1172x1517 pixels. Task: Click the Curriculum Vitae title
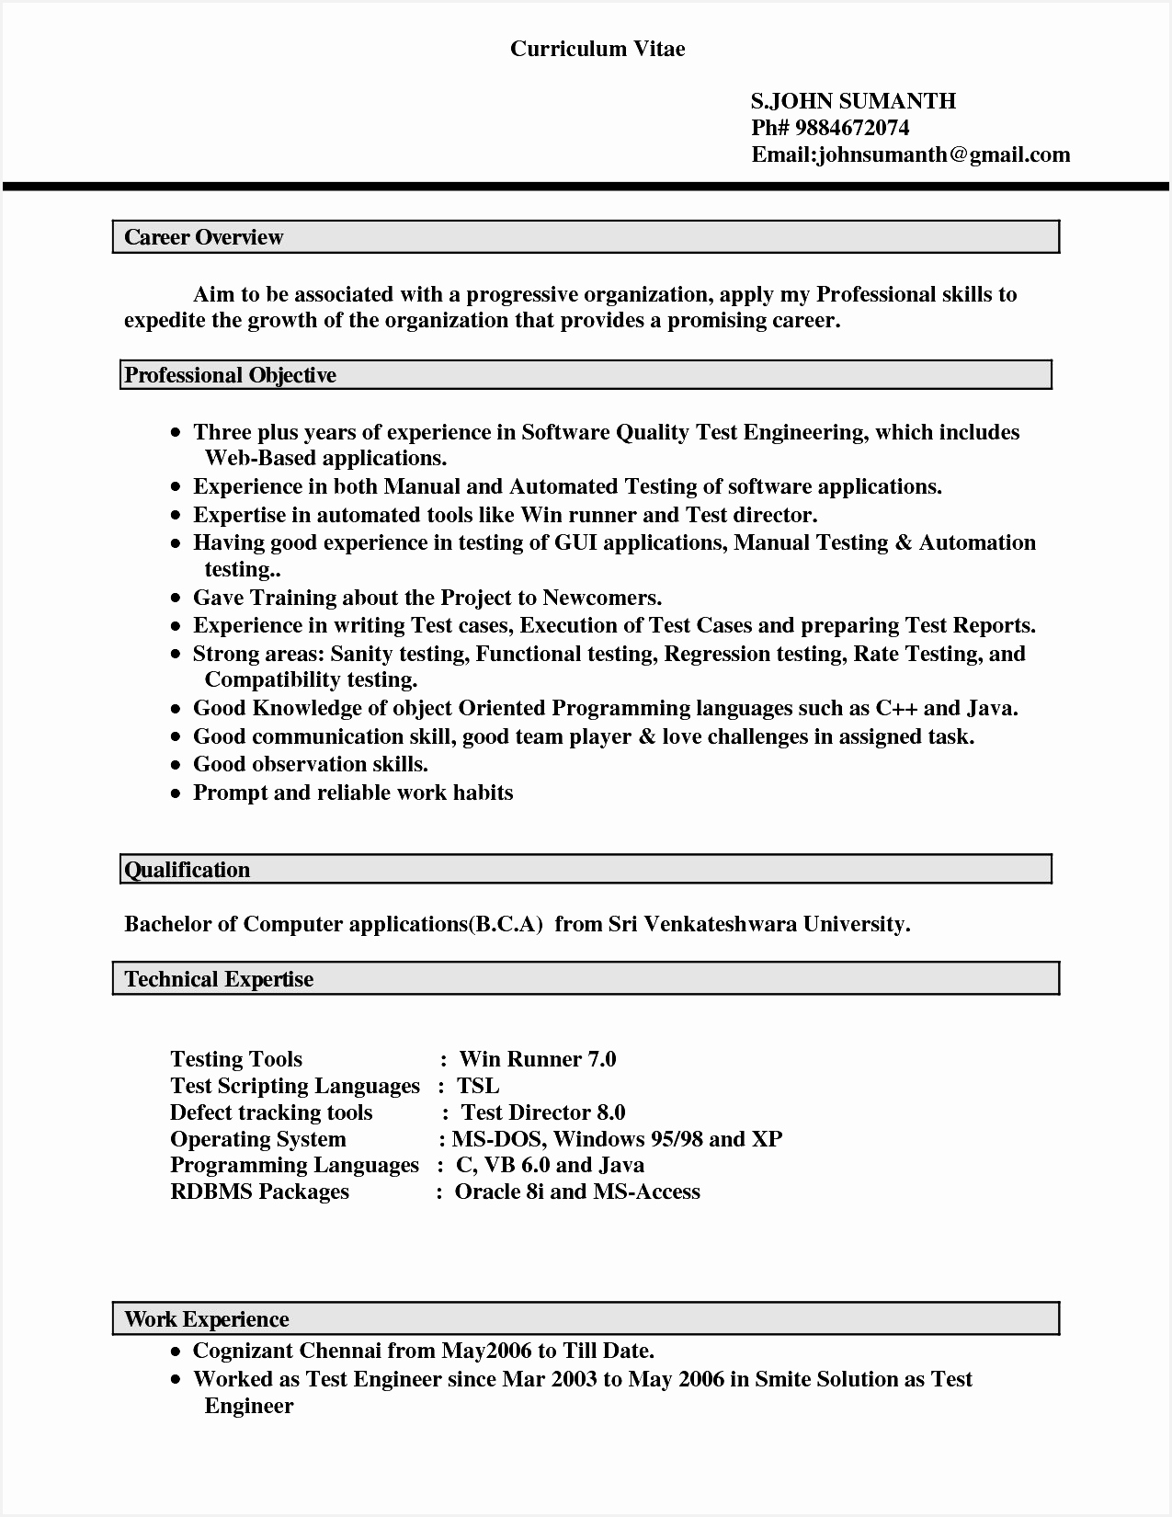597,50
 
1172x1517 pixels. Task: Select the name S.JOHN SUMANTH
853,101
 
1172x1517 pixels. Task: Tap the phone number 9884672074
852,128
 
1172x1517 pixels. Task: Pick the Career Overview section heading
204,237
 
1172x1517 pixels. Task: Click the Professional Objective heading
231,375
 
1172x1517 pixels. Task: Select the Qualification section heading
188,870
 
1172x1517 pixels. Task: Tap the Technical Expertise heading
220,979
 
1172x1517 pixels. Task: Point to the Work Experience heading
207,1319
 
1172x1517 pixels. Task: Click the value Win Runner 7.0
538,1059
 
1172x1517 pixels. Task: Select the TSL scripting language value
478,1086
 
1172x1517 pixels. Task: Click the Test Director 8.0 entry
543,1112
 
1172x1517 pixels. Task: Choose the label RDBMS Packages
260,1192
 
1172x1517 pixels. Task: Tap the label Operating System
258,1139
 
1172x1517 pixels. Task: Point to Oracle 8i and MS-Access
577,1192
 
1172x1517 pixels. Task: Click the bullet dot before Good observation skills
176,765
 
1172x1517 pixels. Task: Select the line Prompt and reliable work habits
353,793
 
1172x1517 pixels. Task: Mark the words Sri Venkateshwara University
758,924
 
